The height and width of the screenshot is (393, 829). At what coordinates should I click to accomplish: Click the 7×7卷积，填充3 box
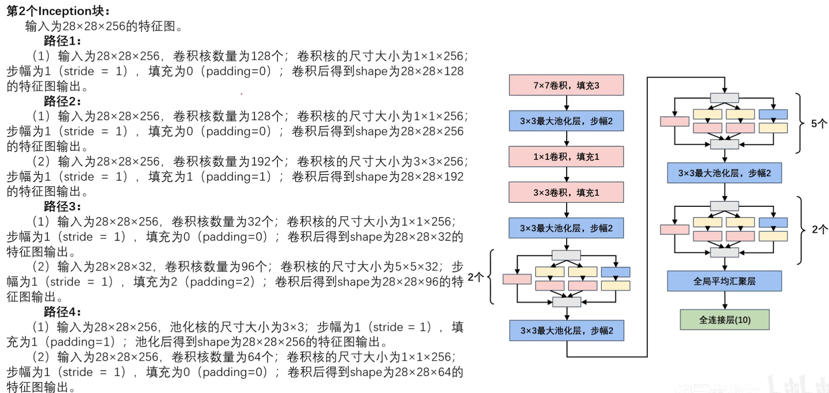tap(566, 85)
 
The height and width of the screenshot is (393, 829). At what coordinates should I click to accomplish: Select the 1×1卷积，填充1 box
tap(566, 157)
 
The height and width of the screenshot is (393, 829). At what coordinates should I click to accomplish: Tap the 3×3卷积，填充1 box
tap(566, 192)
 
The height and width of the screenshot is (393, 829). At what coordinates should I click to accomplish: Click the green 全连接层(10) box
tap(725, 320)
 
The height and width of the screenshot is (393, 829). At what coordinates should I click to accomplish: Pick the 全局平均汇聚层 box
tap(725, 281)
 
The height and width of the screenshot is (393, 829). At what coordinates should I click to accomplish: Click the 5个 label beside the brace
tap(819, 123)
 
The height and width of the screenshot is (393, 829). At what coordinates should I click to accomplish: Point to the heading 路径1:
tap(62, 41)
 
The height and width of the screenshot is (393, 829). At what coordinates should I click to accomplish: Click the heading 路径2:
tap(62, 101)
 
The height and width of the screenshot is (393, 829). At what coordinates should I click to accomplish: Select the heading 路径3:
tap(62, 206)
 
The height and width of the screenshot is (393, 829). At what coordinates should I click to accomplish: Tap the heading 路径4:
tap(62, 312)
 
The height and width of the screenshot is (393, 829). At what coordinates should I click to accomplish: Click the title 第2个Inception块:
tap(58, 11)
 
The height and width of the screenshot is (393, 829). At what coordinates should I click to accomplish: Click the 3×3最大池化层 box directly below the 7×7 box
tap(566, 121)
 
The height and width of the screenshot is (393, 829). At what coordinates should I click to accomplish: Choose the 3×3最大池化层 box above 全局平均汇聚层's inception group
tap(725, 173)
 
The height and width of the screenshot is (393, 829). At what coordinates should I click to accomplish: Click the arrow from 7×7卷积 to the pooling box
tap(567, 103)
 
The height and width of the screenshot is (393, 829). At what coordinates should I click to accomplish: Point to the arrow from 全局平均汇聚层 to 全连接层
tap(725, 301)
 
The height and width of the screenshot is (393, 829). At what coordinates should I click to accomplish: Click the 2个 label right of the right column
tap(820, 230)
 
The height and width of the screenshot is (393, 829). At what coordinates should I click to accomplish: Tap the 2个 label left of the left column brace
tap(475, 277)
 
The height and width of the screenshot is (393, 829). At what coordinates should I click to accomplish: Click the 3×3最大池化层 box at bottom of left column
tap(567, 331)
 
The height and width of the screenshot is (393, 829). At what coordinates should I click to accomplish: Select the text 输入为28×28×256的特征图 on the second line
tap(100, 26)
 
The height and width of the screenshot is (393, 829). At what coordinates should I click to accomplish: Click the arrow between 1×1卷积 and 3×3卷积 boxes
tap(567, 175)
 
